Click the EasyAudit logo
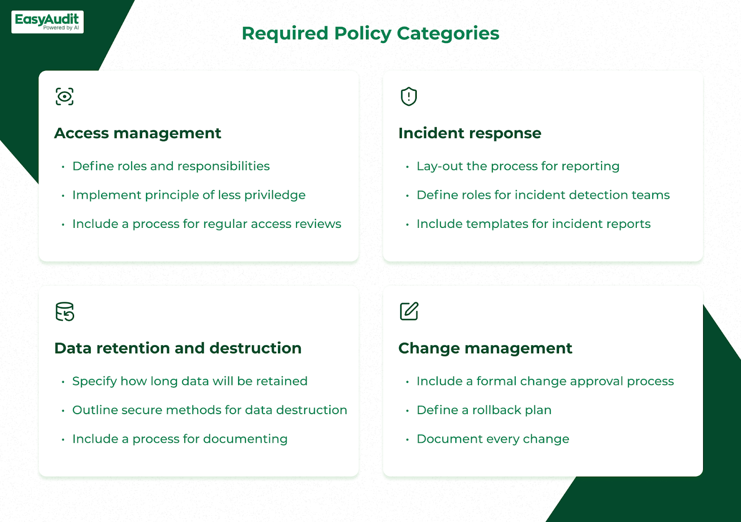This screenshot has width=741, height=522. point(47,22)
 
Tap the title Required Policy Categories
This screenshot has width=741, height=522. point(370,34)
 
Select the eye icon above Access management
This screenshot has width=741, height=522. point(64,97)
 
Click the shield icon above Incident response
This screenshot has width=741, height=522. point(409,97)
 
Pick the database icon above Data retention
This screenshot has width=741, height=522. point(65,312)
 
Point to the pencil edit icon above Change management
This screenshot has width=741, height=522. point(409,311)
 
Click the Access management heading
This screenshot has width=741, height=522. point(138,133)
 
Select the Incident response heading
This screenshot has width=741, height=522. point(470,133)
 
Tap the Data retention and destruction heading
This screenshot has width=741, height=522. point(178,348)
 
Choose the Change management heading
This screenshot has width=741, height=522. point(485,348)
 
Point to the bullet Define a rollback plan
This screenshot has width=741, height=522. point(484,410)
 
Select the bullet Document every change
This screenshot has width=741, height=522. point(493,439)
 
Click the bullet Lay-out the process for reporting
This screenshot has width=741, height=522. point(518,166)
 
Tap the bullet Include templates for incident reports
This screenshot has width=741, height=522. point(534,224)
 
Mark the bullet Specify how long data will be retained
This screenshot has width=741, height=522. point(190,381)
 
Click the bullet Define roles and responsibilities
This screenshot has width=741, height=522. point(171,166)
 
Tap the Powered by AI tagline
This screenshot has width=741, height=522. point(61,28)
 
